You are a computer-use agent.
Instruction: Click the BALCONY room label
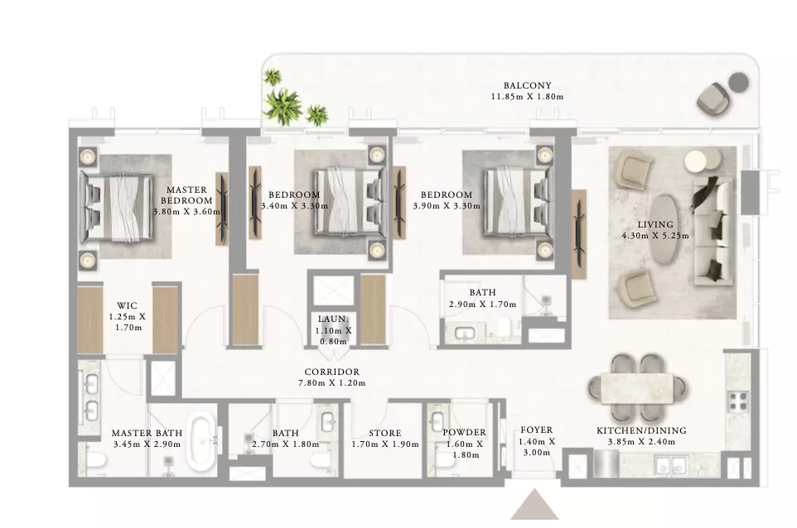[x=527, y=85]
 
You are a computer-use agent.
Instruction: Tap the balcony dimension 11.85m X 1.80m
[x=527, y=97]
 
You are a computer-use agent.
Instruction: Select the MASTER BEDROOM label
[x=186, y=195]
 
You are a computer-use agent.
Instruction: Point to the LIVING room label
[x=655, y=224]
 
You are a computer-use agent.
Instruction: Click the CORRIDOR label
[x=332, y=372]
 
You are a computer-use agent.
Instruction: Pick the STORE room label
[x=384, y=433]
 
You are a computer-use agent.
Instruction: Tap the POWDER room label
[x=464, y=433]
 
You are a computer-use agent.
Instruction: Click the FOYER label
[x=536, y=430]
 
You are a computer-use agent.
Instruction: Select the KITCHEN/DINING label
[x=641, y=430]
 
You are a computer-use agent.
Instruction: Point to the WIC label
[x=127, y=305]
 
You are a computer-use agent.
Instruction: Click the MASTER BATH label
[x=147, y=433]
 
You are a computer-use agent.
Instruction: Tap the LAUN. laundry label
[x=333, y=319]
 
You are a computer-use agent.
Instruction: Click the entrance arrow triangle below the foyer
[x=534, y=505]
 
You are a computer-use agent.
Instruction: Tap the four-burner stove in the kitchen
[x=737, y=401]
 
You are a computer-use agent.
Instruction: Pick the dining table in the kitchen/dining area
[x=637, y=387]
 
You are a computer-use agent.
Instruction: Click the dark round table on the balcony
[x=738, y=82]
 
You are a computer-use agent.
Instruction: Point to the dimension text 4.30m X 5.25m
[x=655, y=236]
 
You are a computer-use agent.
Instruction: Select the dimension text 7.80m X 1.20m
[x=332, y=383]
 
